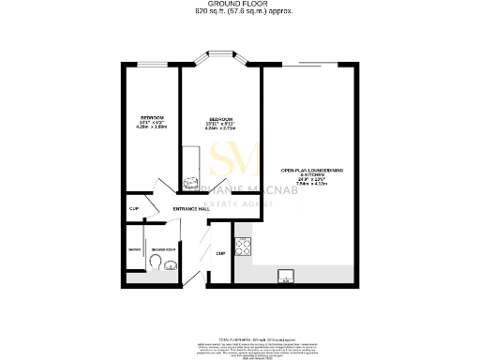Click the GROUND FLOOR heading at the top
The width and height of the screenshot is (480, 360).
point(240,4)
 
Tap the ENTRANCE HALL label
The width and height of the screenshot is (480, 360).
point(191,209)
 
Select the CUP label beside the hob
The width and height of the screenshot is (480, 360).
point(220,252)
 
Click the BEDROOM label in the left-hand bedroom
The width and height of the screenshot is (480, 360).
point(140,116)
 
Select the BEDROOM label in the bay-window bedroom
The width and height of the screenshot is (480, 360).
point(221,120)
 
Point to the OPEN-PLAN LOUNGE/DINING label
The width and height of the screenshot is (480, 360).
point(309,170)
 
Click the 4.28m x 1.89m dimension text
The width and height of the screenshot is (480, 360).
point(141,127)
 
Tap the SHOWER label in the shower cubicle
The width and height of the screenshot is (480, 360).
point(134,249)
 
